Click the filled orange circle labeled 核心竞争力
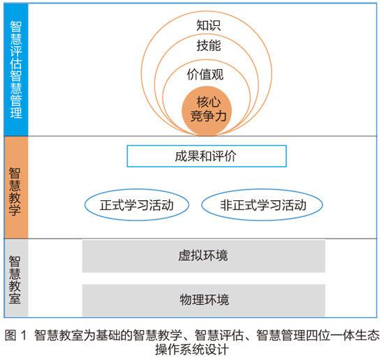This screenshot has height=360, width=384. click(x=207, y=111)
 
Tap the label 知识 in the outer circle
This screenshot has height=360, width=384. click(x=209, y=25)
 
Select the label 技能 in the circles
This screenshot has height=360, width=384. click(x=209, y=45)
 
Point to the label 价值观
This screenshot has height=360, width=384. click(x=205, y=74)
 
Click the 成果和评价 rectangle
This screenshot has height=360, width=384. click(x=207, y=156)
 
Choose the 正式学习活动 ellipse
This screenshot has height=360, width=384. click(x=137, y=205)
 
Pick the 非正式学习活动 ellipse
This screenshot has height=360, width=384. click(x=262, y=205)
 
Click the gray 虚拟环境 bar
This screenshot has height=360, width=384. click(x=203, y=256)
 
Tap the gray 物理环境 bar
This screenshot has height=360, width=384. click(x=203, y=300)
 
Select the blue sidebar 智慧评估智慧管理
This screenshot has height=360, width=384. click(x=16, y=70)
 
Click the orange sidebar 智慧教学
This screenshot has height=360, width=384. click(x=16, y=187)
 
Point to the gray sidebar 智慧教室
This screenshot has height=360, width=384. click(x=16, y=278)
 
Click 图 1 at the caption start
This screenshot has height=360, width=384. click(x=15, y=335)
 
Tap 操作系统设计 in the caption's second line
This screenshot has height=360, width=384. click(x=192, y=350)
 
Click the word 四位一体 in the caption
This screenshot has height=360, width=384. click(x=318, y=335)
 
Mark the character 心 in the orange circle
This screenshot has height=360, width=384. click(x=215, y=102)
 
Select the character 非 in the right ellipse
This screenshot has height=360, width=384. click(x=226, y=205)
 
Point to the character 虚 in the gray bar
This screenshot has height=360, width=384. click(x=184, y=256)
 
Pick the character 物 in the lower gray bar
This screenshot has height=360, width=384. click(x=186, y=300)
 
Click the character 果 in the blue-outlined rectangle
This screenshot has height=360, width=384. click(x=193, y=156)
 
